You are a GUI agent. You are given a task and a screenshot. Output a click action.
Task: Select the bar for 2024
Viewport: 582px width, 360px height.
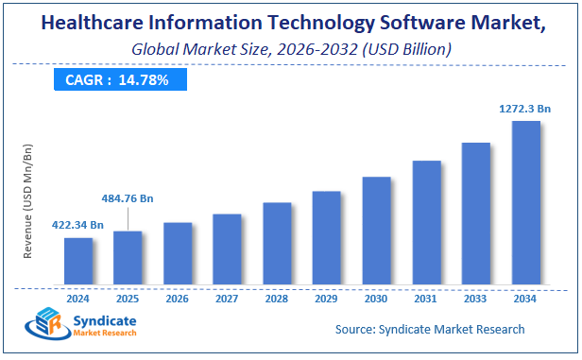click(x=78, y=261)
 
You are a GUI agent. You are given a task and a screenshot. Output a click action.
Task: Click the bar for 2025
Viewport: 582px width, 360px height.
click(x=128, y=257)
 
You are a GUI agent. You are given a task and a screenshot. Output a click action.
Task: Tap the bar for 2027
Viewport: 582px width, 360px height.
click(x=227, y=249)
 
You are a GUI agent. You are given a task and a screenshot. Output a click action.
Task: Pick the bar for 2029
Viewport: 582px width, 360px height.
click(x=326, y=237)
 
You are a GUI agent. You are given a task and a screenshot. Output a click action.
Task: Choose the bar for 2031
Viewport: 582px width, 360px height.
click(x=426, y=222)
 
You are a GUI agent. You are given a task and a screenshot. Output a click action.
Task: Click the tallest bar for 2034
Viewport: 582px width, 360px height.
click(x=525, y=202)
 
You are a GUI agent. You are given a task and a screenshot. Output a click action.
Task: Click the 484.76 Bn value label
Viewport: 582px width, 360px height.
click(x=127, y=198)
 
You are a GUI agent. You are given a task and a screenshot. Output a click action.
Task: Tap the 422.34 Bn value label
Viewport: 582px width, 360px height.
click(x=77, y=224)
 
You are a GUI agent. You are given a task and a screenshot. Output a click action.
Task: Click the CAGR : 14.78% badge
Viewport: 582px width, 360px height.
click(x=117, y=80)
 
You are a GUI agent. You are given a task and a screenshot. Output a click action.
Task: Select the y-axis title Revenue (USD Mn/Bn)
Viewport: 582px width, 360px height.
click(x=29, y=202)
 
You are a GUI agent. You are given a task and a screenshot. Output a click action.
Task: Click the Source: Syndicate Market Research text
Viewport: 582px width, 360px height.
click(x=430, y=329)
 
